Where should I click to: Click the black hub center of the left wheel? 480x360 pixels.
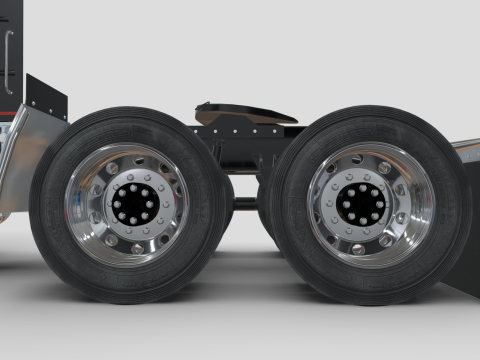(132, 204)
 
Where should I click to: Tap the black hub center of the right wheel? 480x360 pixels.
(363, 204)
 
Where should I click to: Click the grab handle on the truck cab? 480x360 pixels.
(9, 60)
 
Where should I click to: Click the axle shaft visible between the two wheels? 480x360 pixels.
(246, 203)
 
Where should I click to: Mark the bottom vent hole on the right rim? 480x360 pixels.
(358, 248)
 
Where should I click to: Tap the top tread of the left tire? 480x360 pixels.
(130, 115)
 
